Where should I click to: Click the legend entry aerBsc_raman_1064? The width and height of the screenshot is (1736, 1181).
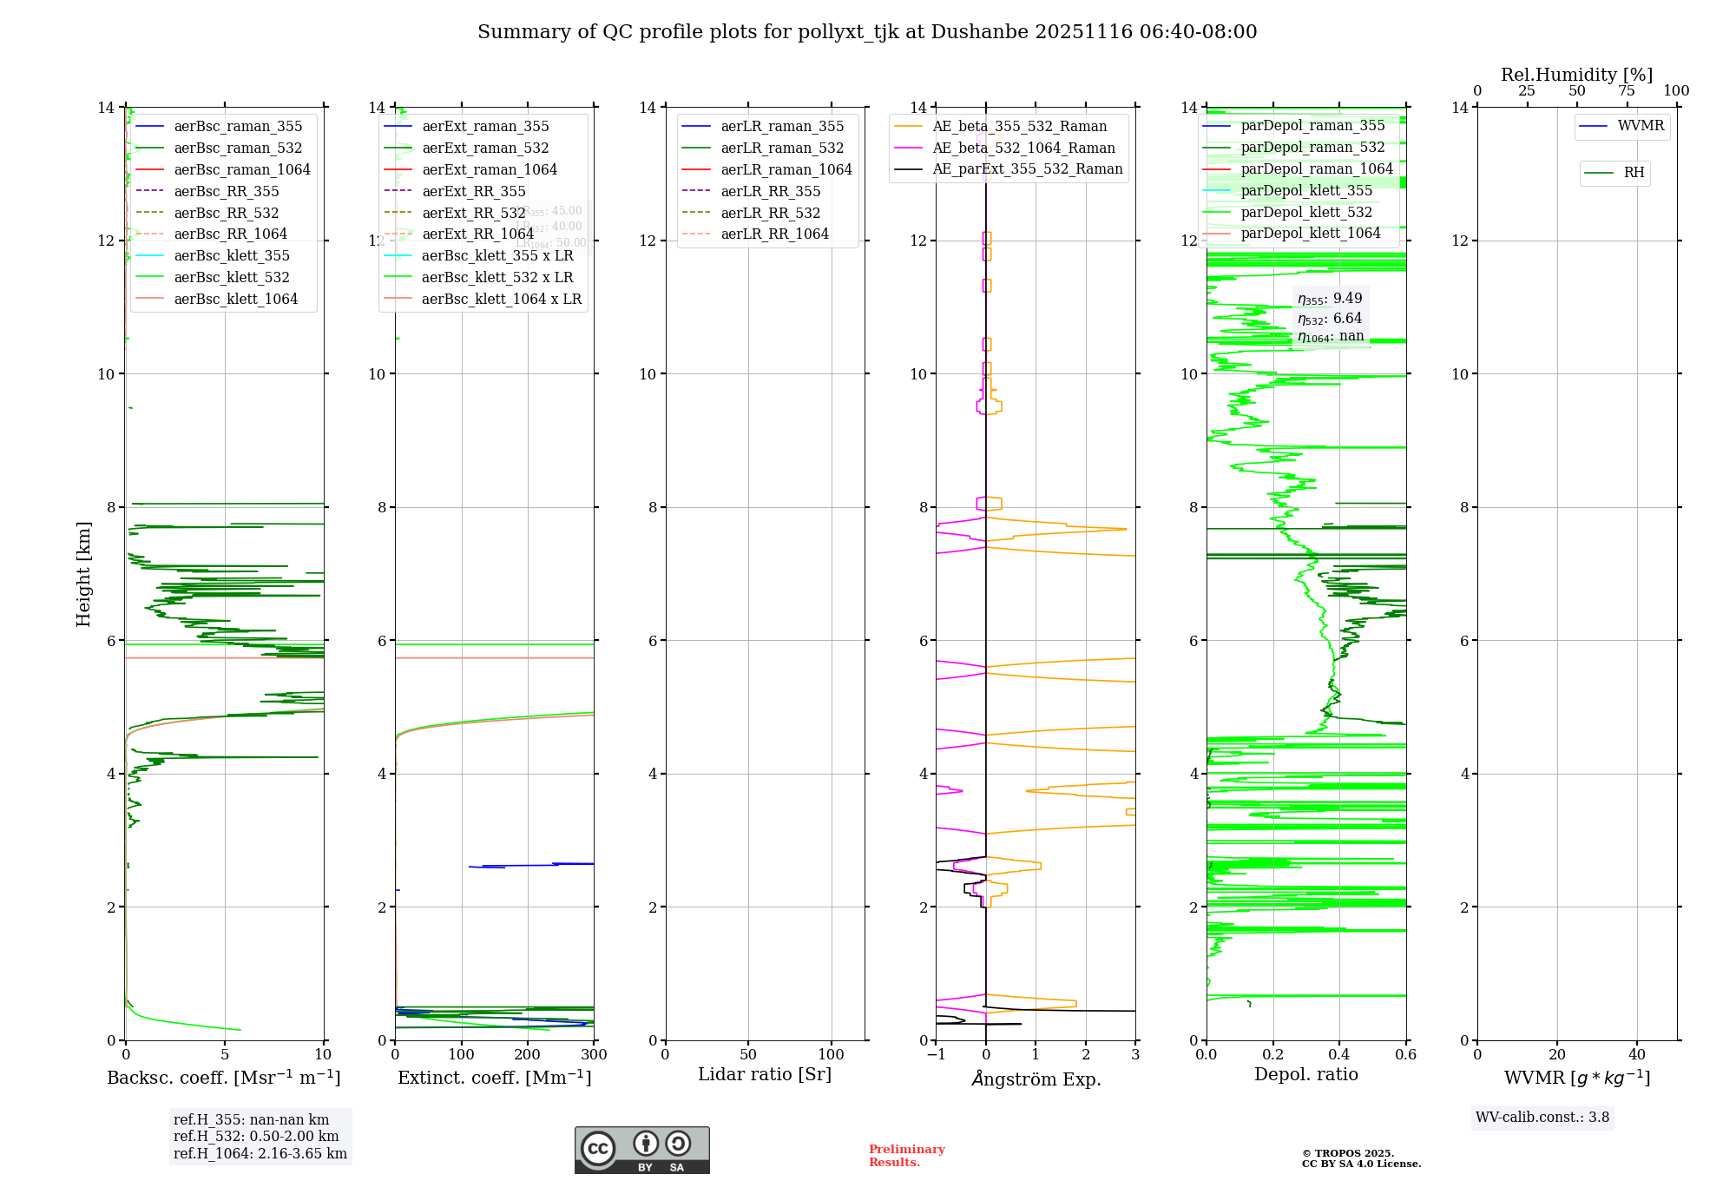point(241,169)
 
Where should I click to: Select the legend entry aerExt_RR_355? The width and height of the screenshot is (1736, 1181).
point(473,191)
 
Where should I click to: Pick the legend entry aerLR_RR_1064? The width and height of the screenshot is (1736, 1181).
point(774,234)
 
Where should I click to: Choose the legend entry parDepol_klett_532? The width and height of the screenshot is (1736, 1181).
point(1305,212)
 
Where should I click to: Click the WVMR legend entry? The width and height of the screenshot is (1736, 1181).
point(1640,126)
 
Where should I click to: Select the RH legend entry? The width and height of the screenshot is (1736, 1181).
point(1633,173)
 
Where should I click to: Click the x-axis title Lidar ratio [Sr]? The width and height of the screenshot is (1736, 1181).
point(764,1074)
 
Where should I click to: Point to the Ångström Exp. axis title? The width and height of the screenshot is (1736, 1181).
point(1036,1079)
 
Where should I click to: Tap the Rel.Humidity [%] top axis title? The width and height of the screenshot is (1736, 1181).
point(1576,75)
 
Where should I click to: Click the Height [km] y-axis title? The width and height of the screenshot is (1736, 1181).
point(83,573)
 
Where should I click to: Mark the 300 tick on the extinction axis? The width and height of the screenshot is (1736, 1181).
point(595,1055)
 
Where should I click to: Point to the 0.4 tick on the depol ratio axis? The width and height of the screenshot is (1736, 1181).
point(1339,1055)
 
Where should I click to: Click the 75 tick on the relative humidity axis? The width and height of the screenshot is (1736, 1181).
point(1627,91)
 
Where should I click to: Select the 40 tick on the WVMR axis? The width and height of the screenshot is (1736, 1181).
point(1637,1055)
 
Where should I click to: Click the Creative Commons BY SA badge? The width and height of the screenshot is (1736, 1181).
point(641,1150)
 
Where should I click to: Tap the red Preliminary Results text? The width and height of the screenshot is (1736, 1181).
point(906,1156)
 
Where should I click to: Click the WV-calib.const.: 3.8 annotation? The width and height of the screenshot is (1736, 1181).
point(1542,1118)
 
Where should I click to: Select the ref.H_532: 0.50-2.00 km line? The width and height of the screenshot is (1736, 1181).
point(256,1137)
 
